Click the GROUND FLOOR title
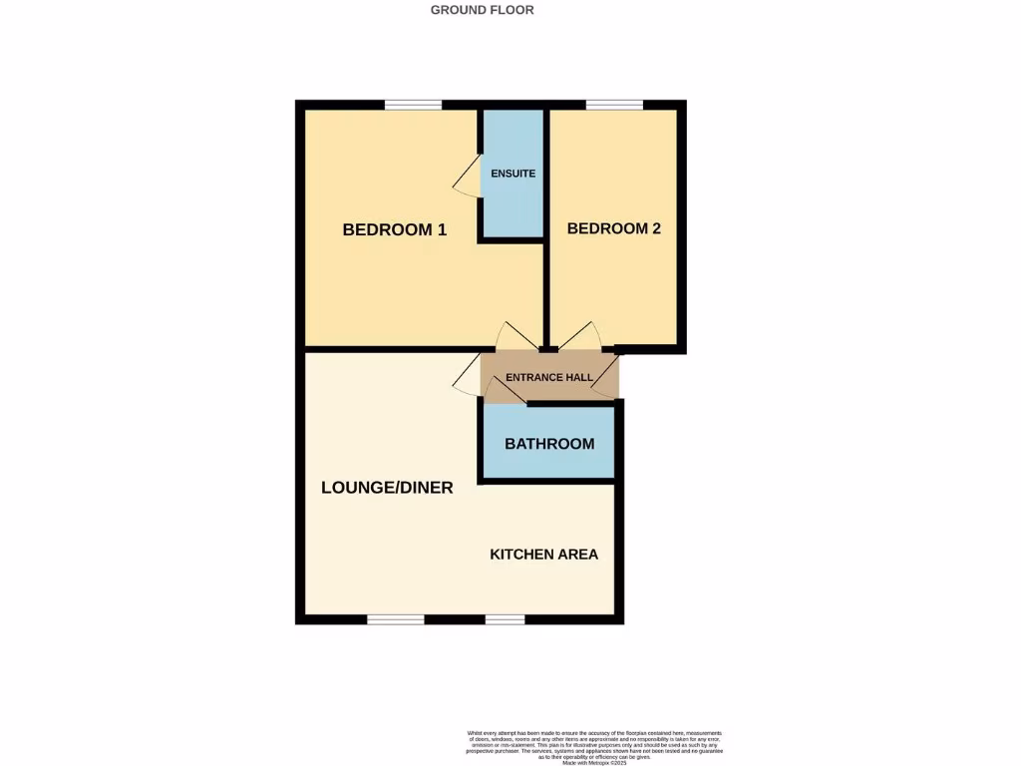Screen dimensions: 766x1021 click(x=482, y=10)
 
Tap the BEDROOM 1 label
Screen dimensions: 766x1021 click(x=394, y=229)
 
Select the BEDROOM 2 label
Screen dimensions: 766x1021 click(x=613, y=228)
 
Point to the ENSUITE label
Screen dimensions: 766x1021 click(x=512, y=174)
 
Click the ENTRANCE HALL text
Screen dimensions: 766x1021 click(x=549, y=378)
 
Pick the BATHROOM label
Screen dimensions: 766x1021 click(x=549, y=444)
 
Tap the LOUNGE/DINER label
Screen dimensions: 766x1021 click(x=387, y=488)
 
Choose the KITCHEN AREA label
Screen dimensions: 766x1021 click(x=543, y=554)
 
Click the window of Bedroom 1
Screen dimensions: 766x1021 click(x=414, y=105)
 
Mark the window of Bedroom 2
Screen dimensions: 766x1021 click(x=614, y=105)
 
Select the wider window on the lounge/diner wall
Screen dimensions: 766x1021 click(x=396, y=619)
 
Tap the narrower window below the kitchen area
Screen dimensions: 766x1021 click(x=505, y=619)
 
